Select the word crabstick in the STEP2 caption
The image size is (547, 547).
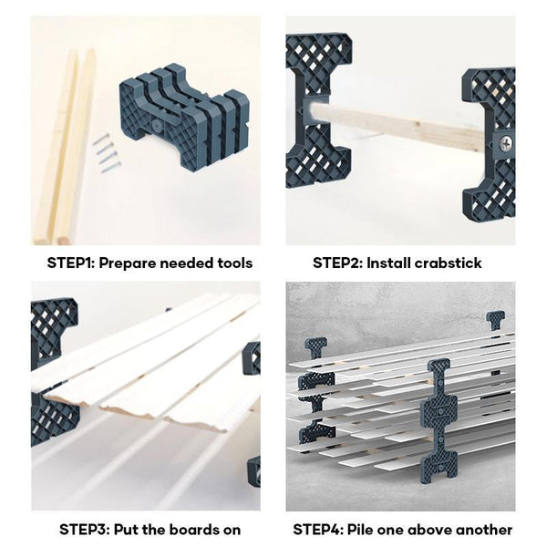pos(448,263)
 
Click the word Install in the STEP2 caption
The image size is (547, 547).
pos(388,263)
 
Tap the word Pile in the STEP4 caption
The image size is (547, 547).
pos(359,530)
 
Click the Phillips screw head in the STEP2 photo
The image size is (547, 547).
pos(505,142)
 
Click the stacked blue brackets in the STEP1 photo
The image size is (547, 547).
pos(184,118)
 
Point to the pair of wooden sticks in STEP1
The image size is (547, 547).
pos(66,147)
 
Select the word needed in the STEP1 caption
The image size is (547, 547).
pos(184,263)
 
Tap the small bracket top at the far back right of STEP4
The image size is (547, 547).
pos(495,320)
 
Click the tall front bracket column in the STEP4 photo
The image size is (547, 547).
pos(439,420)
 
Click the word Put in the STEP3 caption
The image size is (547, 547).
pos(126,530)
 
